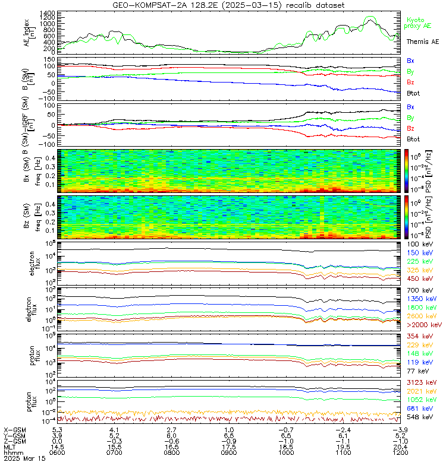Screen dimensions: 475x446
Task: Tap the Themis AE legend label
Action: click(x=422, y=42)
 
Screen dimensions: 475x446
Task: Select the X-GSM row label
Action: click(x=14, y=429)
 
